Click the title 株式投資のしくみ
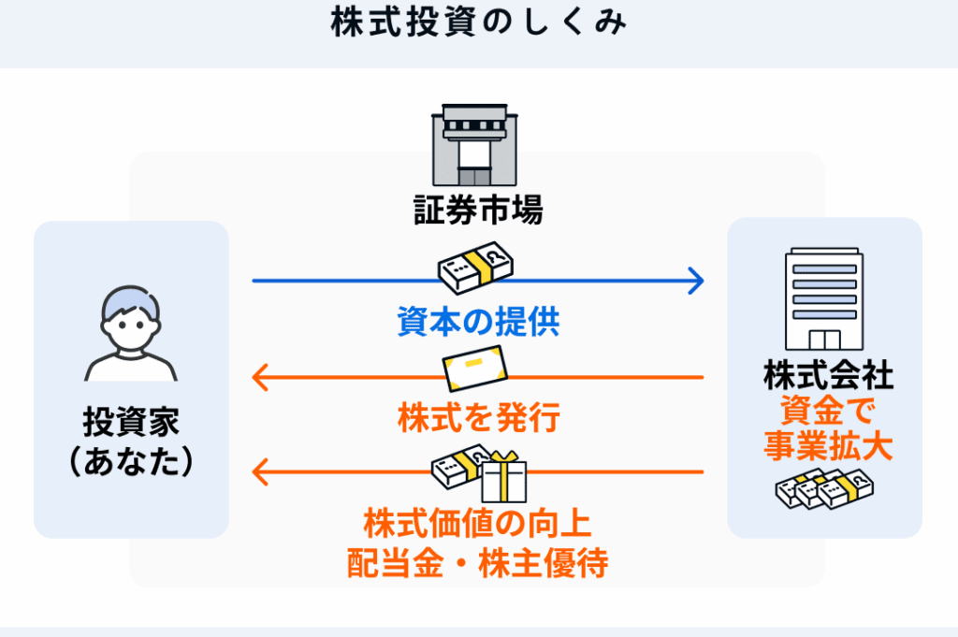[478, 22]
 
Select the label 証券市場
[478, 210]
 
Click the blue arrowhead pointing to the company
[695, 280]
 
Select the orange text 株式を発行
[478, 418]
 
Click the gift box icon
[504, 478]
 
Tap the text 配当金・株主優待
[478, 562]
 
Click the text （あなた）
[131, 461]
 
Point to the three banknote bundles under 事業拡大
[824, 487]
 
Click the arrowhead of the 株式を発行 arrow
[261, 378]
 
